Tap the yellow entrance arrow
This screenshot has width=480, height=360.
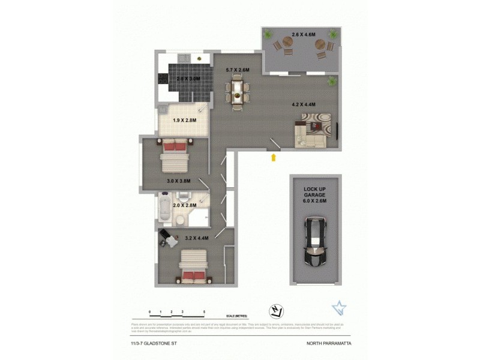(274, 158)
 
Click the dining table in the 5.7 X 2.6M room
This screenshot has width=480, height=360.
(238, 93)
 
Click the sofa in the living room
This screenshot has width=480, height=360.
(310, 133)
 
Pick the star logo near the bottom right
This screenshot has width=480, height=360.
(339, 308)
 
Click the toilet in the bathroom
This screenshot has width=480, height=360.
(184, 196)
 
